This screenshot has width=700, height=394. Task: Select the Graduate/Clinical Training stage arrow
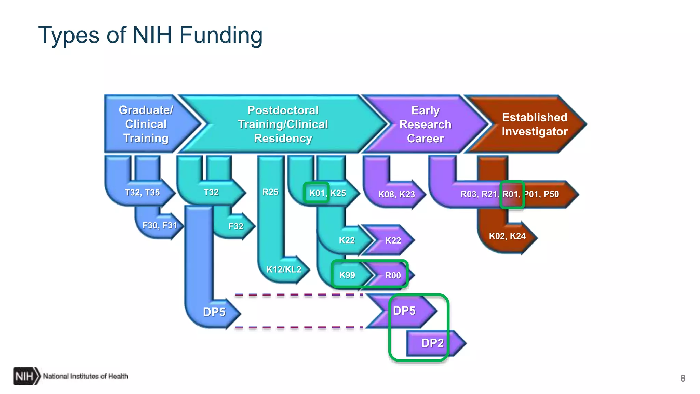coord(146,124)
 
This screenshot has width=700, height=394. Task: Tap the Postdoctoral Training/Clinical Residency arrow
coord(283,124)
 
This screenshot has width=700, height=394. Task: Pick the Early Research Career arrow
coord(425,124)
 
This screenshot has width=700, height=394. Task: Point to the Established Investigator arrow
coord(534,124)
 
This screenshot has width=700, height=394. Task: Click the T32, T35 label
coord(142,193)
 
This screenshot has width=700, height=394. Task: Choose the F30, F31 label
coord(160,225)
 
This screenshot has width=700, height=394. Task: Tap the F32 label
coord(236,226)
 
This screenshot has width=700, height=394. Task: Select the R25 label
coord(270,192)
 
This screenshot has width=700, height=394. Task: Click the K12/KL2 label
coord(284,270)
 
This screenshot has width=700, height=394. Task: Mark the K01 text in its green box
coord(317,193)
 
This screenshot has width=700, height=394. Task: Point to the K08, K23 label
coord(396,195)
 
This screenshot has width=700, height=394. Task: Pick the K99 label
coord(347,275)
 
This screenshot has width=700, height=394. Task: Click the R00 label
coord(393,275)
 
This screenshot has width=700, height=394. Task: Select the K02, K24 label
coord(507,236)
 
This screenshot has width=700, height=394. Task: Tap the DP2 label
coord(432,343)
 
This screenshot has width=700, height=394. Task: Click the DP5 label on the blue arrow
coord(214,312)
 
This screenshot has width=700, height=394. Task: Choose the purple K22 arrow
coord(393,240)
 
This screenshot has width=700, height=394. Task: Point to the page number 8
coord(683,378)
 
